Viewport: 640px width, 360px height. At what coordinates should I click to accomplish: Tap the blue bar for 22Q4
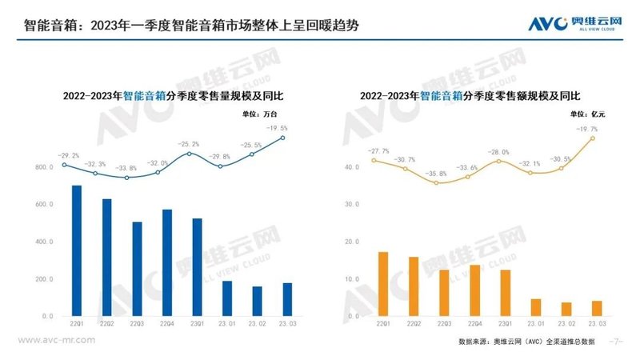[x=167, y=262]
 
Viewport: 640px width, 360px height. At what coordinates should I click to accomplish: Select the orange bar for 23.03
[x=596, y=307]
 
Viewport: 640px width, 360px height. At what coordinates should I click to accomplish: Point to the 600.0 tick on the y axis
[x=43, y=205]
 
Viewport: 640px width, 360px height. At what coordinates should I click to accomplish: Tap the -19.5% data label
[x=278, y=128]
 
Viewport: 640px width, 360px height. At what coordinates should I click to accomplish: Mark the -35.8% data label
[x=436, y=173]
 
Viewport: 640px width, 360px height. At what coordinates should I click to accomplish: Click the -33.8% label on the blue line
[x=127, y=168]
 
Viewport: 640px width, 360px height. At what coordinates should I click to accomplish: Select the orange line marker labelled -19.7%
[x=593, y=137]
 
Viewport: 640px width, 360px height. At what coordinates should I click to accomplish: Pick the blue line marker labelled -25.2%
[x=189, y=154]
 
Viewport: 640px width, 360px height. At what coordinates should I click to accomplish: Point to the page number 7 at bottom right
[x=616, y=341]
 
